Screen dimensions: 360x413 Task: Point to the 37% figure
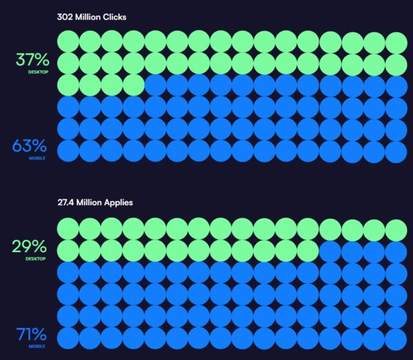click(x=32, y=60)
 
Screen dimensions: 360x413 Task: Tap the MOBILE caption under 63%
click(x=37, y=158)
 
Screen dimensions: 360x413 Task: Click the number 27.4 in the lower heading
click(x=67, y=203)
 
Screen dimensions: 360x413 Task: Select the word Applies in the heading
click(x=117, y=203)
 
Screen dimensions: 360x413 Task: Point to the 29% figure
click(x=30, y=246)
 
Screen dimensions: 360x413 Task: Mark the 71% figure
click(x=32, y=335)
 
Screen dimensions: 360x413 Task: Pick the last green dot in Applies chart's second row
click(x=308, y=251)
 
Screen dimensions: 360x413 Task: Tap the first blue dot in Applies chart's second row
click(x=330, y=251)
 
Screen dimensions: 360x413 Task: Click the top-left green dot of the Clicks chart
click(x=68, y=42)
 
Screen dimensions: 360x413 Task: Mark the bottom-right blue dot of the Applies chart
click(x=396, y=338)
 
